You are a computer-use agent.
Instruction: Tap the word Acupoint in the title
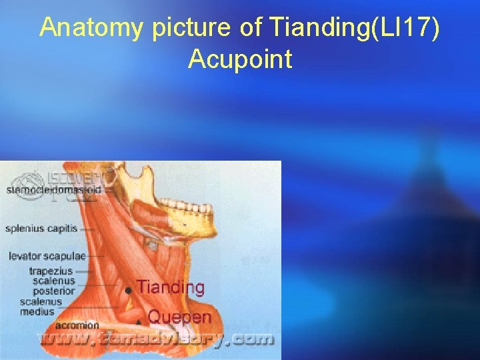coord(240,59)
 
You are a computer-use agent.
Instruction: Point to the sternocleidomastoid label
coord(54,190)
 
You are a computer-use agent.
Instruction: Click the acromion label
coord(78,325)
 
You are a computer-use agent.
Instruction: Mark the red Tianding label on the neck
coord(171,288)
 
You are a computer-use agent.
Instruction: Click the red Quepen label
coord(179,317)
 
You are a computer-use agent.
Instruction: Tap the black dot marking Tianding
coord(128,291)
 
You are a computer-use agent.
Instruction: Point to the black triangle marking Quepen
coord(138,321)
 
